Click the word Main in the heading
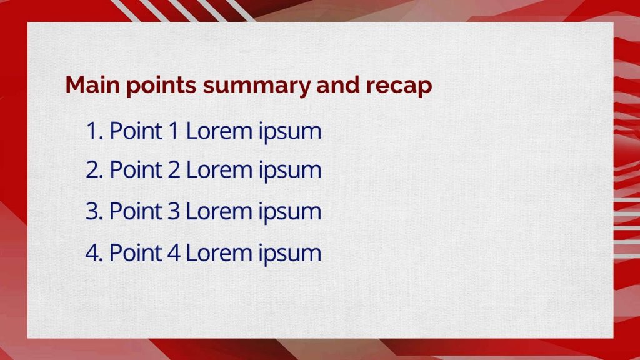coord(92,85)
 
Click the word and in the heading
coord(338,85)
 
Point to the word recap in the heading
coord(399,87)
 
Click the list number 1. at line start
coord(94,131)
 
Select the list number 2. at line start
coord(94,169)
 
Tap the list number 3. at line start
coord(94,211)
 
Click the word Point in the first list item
coord(136,131)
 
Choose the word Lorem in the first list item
coord(219,131)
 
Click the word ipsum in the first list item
coord(290,132)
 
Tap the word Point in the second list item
coord(136,169)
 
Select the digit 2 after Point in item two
coord(174,169)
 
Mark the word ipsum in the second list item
coord(290,171)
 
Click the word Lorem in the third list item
coord(219,211)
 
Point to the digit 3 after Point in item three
coord(174,211)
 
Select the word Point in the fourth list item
coord(136,252)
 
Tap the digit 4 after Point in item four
coord(174,252)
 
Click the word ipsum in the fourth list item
coord(290,255)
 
